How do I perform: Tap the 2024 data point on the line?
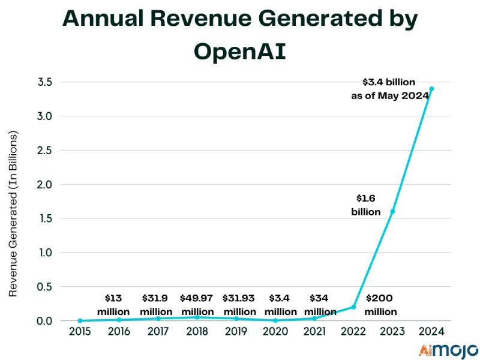(x=431, y=89)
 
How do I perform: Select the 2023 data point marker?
(x=392, y=211)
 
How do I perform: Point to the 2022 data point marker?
(x=353, y=307)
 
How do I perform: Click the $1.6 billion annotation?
(x=366, y=205)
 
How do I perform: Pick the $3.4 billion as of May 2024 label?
(x=389, y=88)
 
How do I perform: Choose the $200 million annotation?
(x=381, y=305)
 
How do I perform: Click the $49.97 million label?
(x=197, y=305)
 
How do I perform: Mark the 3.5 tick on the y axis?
(x=46, y=82)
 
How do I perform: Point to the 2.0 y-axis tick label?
(x=46, y=184)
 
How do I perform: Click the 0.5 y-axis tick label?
(x=46, y=286)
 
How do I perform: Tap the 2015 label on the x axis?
(x=80, y=331)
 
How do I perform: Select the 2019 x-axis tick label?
(x=236, y=331)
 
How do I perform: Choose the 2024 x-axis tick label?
(x=431, y=331)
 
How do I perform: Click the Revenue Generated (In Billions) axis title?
(x=14, y=213)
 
